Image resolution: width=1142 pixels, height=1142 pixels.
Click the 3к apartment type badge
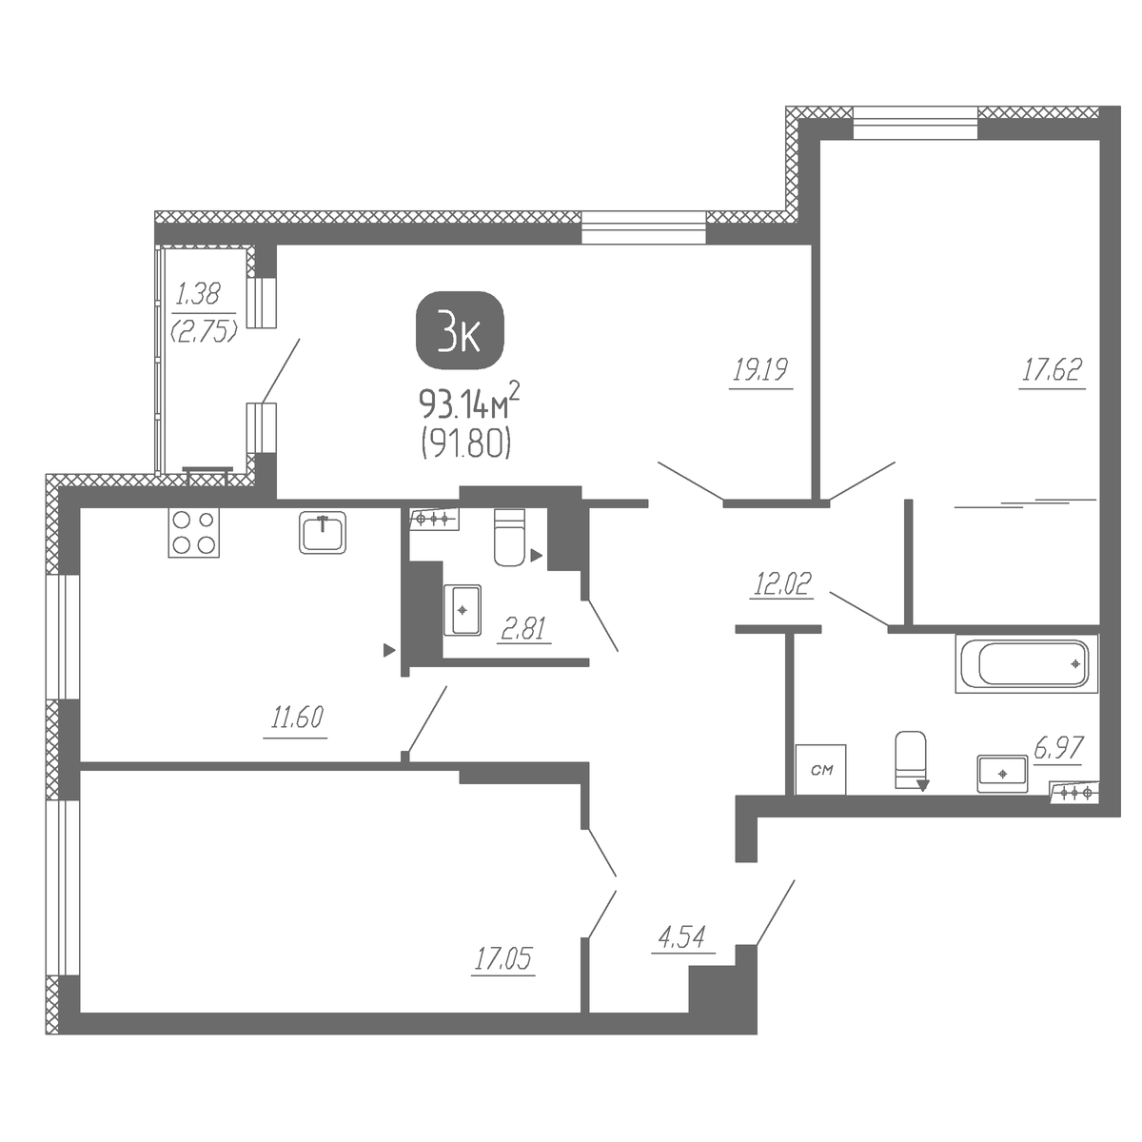[x=460, y=338]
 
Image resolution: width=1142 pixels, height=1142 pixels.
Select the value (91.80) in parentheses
[x=466, y=443]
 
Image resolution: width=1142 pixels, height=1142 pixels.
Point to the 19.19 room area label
[x=760, y=370]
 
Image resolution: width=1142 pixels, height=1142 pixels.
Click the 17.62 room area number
[x=1052, y=369]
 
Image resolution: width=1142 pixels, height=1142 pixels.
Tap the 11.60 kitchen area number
[x=297, y=718]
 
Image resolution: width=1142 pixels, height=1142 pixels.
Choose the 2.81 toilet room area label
[x=523, y=628]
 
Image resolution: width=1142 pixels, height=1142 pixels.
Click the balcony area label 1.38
[x=199, y=294]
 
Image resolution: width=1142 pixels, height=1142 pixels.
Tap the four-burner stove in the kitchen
[x=194, y=532]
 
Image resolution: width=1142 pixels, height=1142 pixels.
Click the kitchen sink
[x=323, y=533]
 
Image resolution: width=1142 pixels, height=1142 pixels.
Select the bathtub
[x=1027, y=663]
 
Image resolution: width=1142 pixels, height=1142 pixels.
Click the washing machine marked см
[x=820, y=769]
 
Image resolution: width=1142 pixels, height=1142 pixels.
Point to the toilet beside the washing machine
[x=911, y=760]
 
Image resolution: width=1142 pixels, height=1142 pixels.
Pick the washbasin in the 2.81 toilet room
[x=463, y=610]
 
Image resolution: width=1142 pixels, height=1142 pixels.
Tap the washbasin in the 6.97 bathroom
[x=1002, y=774]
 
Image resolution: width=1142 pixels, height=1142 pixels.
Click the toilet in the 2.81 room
[x=509, y=537]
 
